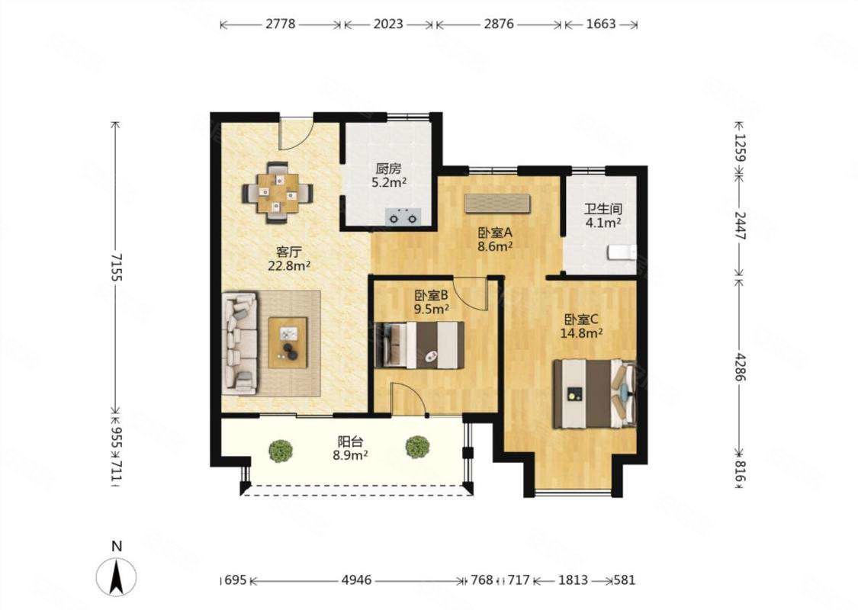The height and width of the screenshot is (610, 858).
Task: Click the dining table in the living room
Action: point(278,193)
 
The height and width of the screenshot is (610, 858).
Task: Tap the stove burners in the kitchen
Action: point(403,217)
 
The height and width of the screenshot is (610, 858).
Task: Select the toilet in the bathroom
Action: point(622,253)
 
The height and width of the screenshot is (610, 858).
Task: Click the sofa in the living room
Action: point(239,344)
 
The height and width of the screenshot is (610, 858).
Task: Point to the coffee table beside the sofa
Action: point(288,342)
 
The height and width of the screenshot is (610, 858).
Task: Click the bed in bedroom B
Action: point(421,345)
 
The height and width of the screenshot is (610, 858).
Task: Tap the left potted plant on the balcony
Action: point(281,450)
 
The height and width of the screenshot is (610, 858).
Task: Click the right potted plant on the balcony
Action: point(417,446)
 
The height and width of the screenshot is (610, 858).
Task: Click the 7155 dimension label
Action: point(116,266)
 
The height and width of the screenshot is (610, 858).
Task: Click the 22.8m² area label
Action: point(290,266)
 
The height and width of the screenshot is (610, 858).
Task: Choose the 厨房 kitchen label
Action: point(388,169)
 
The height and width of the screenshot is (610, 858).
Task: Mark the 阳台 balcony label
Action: point(350,441)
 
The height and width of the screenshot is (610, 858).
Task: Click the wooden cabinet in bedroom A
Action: point(497,203)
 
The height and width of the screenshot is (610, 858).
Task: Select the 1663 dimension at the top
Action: point(601,24)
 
